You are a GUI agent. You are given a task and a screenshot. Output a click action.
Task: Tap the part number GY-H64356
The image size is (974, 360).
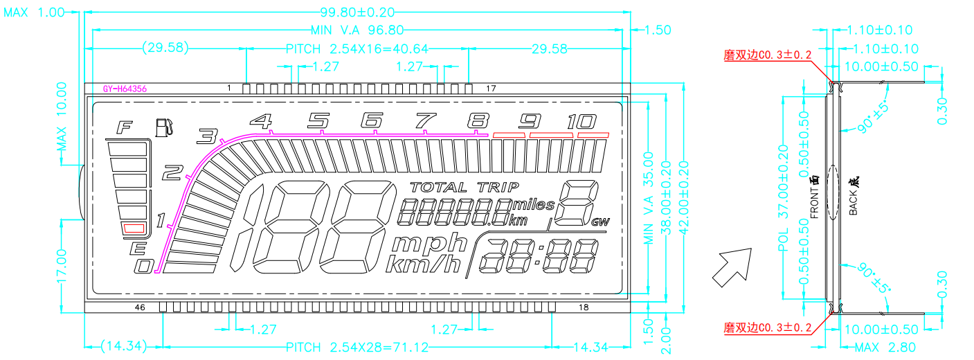(125, 89)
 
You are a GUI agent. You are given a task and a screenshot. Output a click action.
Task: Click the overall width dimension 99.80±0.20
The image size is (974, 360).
(358, 11)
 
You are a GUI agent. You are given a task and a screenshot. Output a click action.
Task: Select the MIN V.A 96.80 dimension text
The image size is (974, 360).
(357, 30)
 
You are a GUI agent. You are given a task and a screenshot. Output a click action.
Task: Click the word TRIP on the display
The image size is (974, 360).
(498, 187)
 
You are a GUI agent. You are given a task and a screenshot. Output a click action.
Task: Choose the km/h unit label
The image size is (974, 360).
(423, 264)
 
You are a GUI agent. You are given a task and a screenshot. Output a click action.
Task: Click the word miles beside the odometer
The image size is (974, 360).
(534, 205)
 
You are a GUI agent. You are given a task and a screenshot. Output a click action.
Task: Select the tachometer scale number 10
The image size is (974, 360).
(579, 122)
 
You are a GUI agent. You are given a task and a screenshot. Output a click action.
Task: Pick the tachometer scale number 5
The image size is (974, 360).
(318, 121)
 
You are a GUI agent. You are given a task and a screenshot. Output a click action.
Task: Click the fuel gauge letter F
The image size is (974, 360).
(125, 127)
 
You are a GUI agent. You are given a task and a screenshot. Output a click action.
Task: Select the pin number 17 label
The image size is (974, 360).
(491, 89)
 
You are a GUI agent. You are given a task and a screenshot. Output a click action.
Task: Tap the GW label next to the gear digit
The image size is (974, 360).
(600, 222)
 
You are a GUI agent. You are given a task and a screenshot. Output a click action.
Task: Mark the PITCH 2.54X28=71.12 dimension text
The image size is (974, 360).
(357, 347)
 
